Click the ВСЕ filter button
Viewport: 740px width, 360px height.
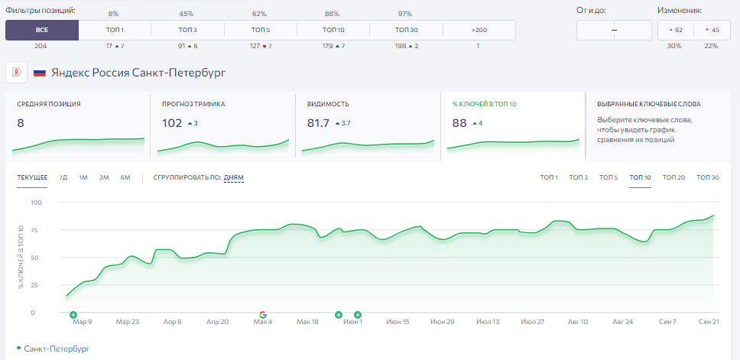click(42, 30)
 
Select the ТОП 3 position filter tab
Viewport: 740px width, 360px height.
click(187, 30)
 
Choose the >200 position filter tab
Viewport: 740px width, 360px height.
click(479, 30)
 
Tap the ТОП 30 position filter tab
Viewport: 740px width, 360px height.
click(407, 30)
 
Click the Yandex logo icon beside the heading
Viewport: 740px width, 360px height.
click(17, 73)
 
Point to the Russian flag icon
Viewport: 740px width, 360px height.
click(40, 73)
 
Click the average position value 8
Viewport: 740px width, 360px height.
click(21, 123)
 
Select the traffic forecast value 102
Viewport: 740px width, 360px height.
click(172, 123)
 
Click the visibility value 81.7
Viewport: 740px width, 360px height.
click(317, 123)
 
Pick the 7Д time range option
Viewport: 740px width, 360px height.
click(63, 178)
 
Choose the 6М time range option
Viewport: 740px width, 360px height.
click(125, 178)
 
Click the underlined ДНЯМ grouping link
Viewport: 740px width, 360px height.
click(234, 178)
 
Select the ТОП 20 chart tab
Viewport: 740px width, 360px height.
click(673, 178)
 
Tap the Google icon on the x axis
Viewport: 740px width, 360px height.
click(263, 315)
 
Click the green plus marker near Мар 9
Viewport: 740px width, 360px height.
click(73, 315)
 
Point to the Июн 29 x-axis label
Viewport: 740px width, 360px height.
click(442, 323)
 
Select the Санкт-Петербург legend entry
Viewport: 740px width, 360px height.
click(57, 349)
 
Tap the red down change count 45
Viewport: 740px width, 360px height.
click(712, 31)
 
